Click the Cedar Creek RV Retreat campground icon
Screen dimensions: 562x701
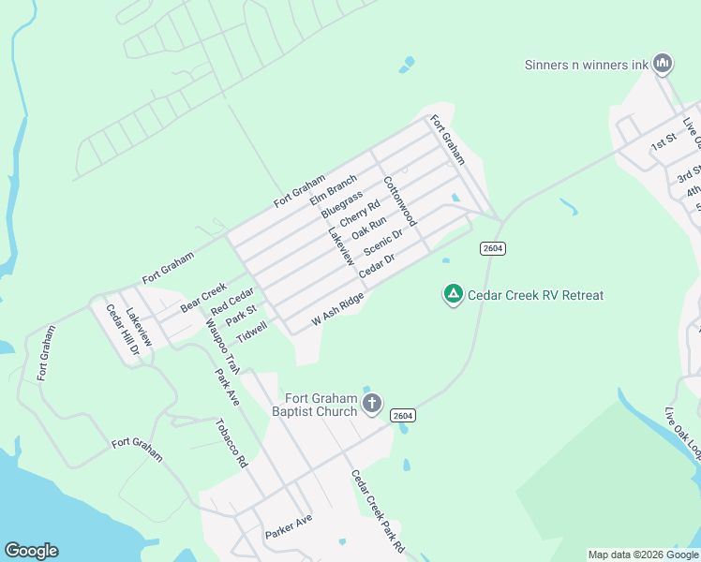click(453, 295)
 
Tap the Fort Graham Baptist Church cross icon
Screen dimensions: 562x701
click(372, 405)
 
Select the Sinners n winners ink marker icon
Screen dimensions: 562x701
click(664, 64)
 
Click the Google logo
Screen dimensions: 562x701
click(31, 551)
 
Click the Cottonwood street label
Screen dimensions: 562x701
click(399, 205)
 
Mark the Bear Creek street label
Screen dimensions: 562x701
click(204, 296)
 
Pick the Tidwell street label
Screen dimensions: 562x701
click(252, 331)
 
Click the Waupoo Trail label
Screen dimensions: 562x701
click(223, 345)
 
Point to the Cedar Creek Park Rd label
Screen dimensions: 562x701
click(378, 510)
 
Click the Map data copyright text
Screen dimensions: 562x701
click(643, 555)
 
